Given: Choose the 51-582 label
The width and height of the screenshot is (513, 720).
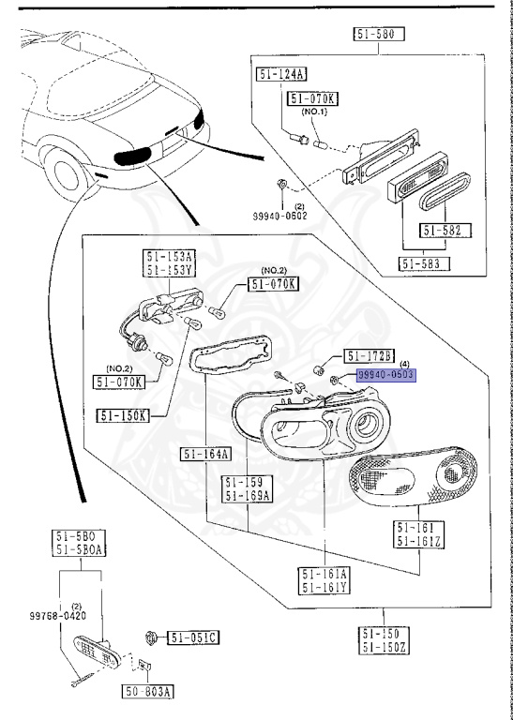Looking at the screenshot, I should coord(445,230).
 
